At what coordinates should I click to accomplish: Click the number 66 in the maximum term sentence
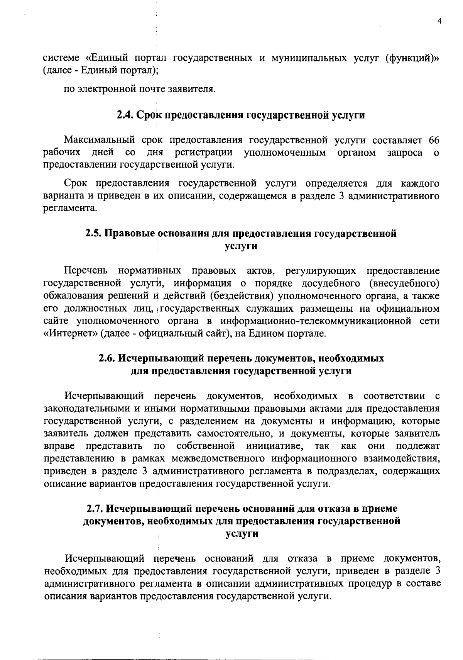tap(434, 140)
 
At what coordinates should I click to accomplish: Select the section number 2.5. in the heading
tap(93, 234)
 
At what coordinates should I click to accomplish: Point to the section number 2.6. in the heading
tap(107, 358)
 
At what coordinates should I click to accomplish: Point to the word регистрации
tap(204, 153)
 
